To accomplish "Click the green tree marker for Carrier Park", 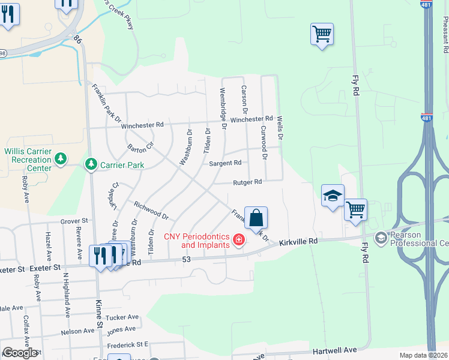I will click(x=91, y=164).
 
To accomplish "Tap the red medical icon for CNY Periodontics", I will click(x=238, y=241).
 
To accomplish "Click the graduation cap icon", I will click(x=333, y=196).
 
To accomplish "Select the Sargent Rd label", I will click(x=224, y=163).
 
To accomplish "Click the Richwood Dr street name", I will click(x=151, y=211).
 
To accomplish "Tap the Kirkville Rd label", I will click(x=297, y=240).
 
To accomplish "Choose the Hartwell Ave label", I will click(x=335, y=349).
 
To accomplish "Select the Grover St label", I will click(x=74, y=221).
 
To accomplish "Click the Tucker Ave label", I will click(x=122, y=317).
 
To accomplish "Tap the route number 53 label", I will click(x=186, y=259).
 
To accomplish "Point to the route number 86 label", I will click(x=77, y=38).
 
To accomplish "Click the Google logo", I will click(x=20, y=353).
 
